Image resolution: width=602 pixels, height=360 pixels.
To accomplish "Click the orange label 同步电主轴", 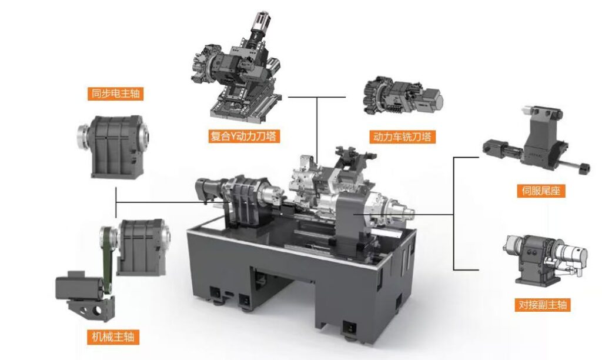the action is (115, 94).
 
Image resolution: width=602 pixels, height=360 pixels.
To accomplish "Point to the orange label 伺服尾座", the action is (541, 191).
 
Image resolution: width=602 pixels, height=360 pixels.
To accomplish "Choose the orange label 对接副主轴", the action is (543, 305).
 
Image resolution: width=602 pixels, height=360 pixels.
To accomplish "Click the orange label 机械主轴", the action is (113, 337).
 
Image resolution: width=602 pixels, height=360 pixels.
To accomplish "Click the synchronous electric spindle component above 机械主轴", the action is (113, 146).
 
